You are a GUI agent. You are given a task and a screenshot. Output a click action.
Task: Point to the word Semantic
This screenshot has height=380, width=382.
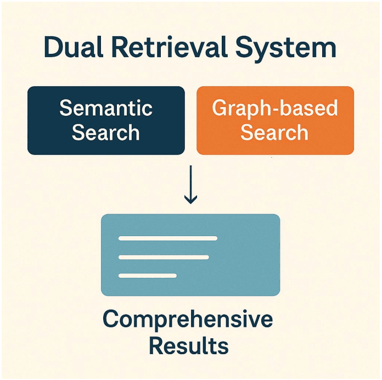pyautogui.click(x=106, y=108)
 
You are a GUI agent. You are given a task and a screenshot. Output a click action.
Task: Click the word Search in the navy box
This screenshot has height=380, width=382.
pyautogui.click(x=106, y=132)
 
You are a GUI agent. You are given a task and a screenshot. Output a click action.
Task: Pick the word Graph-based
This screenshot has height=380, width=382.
pyautogui.click(x=275, y=108)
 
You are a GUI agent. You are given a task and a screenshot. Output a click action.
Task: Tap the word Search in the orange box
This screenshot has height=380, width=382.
pyautogui.click(x=275, y=132)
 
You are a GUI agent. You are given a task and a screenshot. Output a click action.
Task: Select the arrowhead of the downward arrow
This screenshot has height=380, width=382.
pyautogui.click(x=190, y=199)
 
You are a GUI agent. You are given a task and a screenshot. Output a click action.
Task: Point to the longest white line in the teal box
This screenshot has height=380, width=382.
pyautogui.click(x=168, y=238)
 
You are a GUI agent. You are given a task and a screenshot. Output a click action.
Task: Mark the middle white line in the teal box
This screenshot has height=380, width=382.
pyautogui.click(x=164, y=257)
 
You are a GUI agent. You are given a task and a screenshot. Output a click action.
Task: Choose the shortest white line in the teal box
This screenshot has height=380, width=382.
pyautogui.click(x=148, y=275)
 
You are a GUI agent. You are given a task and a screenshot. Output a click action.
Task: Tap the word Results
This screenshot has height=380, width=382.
pyautogui.click(x=189, y=347)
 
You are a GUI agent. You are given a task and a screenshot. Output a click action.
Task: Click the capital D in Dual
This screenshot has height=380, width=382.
pyautogui.click(x=54, y=48)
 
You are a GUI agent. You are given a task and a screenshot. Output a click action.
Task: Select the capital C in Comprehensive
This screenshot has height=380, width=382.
pyautogui.click(x=112, y=320)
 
